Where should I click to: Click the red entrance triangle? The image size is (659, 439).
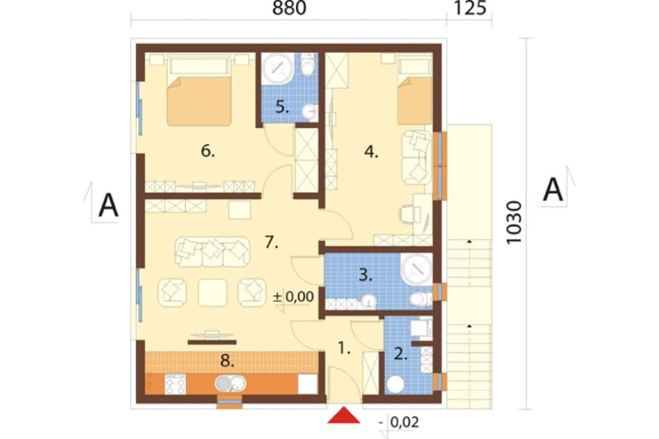click(x=344, y=415)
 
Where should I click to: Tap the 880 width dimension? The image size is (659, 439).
click(x=289, y=9)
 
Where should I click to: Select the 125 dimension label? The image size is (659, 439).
click(x=470, y=9)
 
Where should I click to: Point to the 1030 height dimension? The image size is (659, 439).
click(x=515, y=222)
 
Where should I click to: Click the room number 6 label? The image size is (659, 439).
click(x=208, y=150)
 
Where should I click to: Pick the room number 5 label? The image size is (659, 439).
click(x=282, y=107)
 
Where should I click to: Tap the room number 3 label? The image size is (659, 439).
click(x=366, y=275)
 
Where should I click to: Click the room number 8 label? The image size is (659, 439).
click(x=227, y=360)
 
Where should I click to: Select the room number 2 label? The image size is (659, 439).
click(x=401, y=354)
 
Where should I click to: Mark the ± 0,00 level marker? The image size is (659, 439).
click(x=293, y=297)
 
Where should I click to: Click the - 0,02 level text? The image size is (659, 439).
click(x=400, y=422)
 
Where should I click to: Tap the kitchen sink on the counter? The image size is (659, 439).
click(x=230, y=384)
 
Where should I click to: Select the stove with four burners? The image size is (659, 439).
click(x=175, y=384)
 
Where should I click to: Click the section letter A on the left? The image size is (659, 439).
click(x=108, y=205)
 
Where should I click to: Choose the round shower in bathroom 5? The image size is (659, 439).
click(x=277, y=68)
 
